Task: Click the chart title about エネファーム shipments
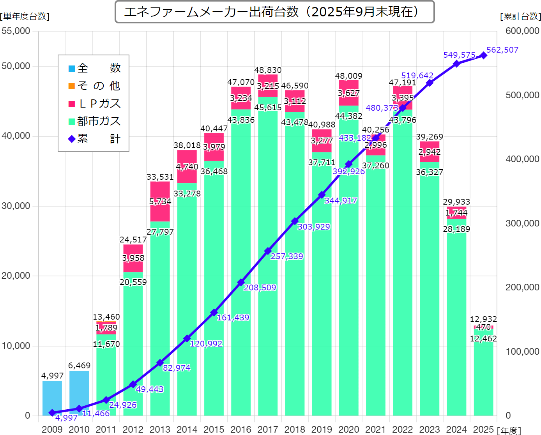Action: (x=274, y=12)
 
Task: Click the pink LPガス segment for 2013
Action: (x=160, y=202)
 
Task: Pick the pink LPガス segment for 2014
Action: (x=187, y=166)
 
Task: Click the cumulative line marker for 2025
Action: (x=483, y=55)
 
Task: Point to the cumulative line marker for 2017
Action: (x=268, y=251)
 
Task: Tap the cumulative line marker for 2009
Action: (x=52, y=412)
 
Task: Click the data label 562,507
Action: (x=502, y=50)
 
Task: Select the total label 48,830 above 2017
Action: (x=268, y=70)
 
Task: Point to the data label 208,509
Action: (x=260, y=288)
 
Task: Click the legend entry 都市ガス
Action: (x=99, y=121)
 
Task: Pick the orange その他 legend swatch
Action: (x=72, y=86)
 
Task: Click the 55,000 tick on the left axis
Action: (x=16, y=31)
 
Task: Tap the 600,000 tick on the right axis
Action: (x=522, y=31)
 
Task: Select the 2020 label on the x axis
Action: (x=348, y=430)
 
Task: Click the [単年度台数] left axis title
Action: (x=25, y=16)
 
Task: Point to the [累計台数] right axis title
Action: (x=520, y=16)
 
